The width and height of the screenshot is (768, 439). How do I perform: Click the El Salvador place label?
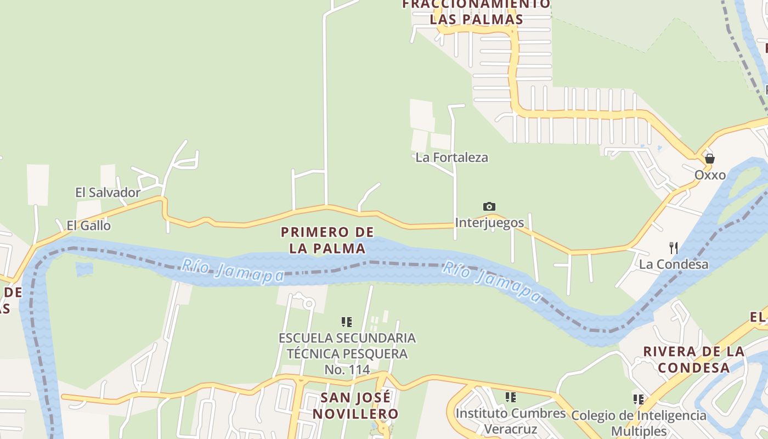[x=108, y=193]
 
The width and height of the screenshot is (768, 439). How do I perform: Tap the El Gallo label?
[x=88, y=226]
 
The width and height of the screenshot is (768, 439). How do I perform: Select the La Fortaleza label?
[x=451, y=157]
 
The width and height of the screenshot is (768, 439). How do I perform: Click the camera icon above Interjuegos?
[x=489, y=206]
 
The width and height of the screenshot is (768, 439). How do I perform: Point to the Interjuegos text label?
[x=489, y=223]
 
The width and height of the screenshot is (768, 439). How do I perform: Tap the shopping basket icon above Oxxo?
[x=710, y=159]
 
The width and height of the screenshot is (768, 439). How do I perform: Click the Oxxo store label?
[x=710, y=175]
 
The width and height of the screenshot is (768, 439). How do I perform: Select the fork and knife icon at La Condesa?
[x=674, y=248]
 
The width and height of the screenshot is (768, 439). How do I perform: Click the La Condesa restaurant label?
[x=674, y=264]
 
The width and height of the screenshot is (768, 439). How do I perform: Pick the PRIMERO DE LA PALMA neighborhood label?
[x=327, y=240]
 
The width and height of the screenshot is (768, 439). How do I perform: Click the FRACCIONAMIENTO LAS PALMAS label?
[x=476, y=12]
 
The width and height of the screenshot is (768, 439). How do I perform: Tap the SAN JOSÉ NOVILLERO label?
[x=355, y=405]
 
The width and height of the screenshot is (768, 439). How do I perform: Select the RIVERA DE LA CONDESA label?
[x=694, y=359]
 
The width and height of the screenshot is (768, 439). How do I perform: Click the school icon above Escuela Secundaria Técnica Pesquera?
[x=347, y=322]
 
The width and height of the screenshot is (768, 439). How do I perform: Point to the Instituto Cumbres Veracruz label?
[x=511, y=420]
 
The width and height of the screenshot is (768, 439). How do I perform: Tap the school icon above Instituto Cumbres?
[x=511, y=397]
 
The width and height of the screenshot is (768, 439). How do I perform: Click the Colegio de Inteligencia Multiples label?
[x=639, y=423]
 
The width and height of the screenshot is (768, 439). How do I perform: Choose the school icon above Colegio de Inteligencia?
[x=638, y=399]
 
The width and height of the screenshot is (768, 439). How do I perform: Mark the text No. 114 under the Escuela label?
[x=347, y=370]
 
